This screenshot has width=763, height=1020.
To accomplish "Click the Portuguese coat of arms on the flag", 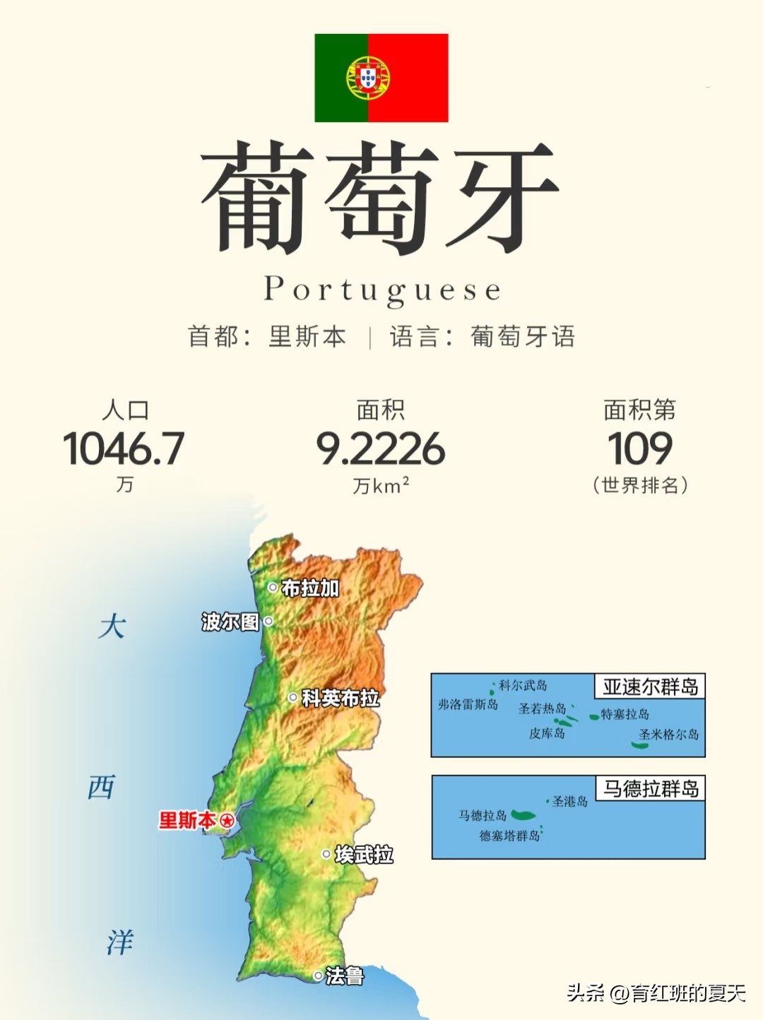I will coord(368,78).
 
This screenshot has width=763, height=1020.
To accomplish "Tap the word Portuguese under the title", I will coord(382,290).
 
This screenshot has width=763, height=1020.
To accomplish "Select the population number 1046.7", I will coord(124,449).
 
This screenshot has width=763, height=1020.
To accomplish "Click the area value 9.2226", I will coord(380,449).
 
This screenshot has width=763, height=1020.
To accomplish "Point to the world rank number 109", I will coord(640,449).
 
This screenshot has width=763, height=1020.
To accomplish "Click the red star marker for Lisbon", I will coord(227,821).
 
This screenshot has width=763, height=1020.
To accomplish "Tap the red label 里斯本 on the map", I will coord(187,821).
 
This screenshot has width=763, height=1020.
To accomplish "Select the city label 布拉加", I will coord(310,588).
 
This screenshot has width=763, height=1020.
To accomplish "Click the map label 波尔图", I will coord(230,622).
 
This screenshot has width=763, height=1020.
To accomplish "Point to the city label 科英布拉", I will coord(341,698).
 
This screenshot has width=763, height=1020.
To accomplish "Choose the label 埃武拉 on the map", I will coord(364,855).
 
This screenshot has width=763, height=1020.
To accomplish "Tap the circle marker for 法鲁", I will coord(318,976).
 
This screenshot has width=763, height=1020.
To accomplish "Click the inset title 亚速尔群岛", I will coord(650,687).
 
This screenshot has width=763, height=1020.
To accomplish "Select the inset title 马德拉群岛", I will coord(650,788).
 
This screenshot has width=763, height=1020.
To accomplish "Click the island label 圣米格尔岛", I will coord(668,735).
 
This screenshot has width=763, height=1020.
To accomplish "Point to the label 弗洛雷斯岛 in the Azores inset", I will coord(468,704).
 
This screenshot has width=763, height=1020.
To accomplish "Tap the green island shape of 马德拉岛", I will coord(524,816).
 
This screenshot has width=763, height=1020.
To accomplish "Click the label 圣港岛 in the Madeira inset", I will coord(570,801).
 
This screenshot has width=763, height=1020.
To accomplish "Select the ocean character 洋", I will coord(120,942).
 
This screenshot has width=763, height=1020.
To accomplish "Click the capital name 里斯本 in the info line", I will coord(307,336).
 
